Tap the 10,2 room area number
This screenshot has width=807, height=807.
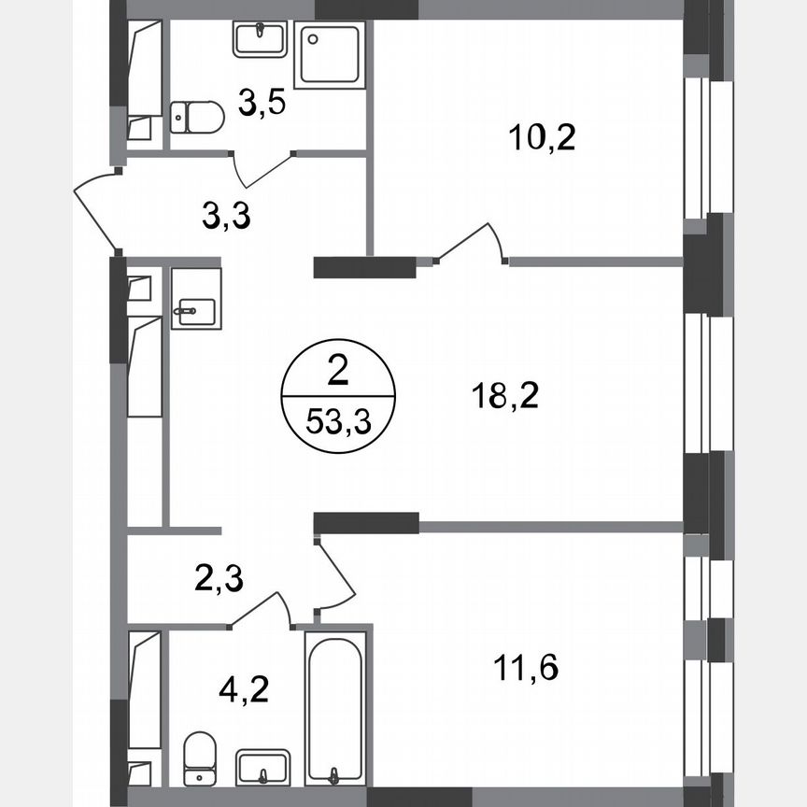pyautogui.click(x=542, y=137)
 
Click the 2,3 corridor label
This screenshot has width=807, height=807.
pyautogui.click(x=221, y=579)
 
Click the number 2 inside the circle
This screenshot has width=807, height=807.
pyautogui.click(x=338, y=375)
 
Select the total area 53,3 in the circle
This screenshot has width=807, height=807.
pyautogui.click(x=338, y=421)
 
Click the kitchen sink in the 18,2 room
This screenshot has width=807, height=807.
pyautogui.click(x=196, y=299)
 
